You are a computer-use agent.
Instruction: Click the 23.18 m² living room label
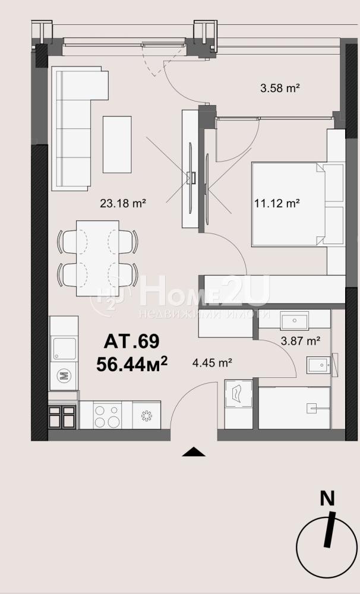point(123,203)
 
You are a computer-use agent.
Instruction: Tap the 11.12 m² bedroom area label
point(277,203)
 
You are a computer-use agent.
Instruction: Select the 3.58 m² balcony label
point(280,89)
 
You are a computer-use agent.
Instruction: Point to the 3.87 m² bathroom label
point(301,341)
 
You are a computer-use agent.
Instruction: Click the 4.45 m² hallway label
point(212,363)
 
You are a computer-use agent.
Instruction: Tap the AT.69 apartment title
point(131,342)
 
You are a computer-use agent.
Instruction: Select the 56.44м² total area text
point(131,364)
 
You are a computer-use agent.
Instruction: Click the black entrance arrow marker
point(194,451)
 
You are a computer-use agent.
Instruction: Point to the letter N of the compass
point(328,498)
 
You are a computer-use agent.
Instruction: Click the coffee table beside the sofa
point(117,144)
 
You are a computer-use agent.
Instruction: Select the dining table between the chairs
point(97,258)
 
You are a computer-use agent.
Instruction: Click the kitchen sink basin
point(64,348)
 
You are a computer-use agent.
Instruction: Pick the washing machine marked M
point(64,376)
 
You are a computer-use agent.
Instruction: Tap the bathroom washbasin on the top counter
point(295,321)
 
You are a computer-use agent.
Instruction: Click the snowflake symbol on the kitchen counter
point(146,416)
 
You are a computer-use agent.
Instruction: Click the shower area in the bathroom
point(294,407)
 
